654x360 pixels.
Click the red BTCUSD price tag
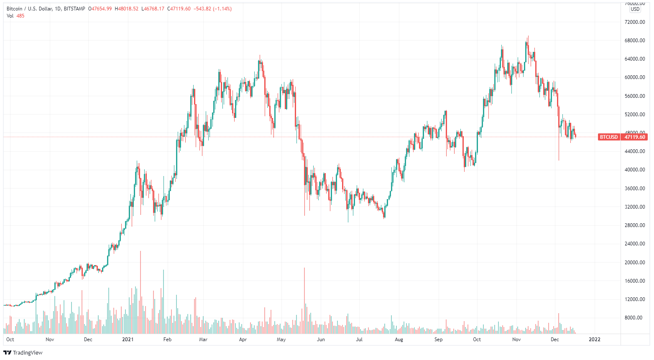(x=609, y=137)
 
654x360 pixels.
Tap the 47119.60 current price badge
(x=634, y=137)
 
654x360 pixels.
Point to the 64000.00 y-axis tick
(x=634, y=59)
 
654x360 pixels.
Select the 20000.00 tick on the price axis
(x=634, y=263)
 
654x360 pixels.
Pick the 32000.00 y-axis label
(x=634, y=207)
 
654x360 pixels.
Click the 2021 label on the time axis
(x=128, y=340)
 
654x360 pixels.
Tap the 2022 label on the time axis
(x=594, y=340)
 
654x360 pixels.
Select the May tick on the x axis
(x=281, y=340)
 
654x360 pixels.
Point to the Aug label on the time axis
(x=399, y=340)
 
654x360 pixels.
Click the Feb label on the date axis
(x=167, y=340)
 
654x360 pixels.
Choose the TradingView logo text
(x=27, y=353)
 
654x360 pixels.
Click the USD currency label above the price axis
(x=635, y=9)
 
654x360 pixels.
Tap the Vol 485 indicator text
(x=15, y=16)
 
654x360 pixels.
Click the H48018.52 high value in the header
(x=126, y=9)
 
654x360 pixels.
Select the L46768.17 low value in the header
(x=153, y=9)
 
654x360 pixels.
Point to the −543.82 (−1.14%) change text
(x=212, y=9)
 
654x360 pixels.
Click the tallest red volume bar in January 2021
(x=141, y=293)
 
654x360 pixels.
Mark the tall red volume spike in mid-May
(x=304, y=301)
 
